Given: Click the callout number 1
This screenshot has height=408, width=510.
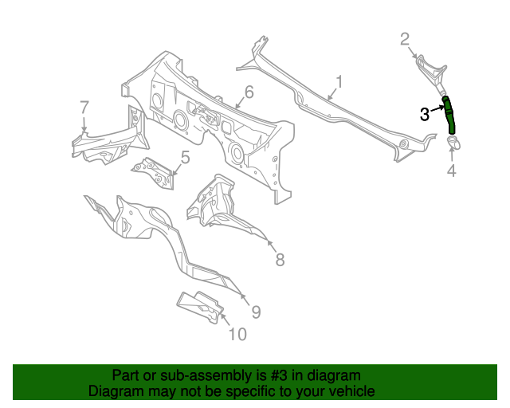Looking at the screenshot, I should click(339, 81).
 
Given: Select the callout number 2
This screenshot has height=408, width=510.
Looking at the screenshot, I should click(405, 38).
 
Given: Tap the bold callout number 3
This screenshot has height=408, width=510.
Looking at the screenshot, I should click(426, 114).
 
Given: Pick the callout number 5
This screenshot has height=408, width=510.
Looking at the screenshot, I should click(184, 157).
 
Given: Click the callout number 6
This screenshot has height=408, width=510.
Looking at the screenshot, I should click(249, 92).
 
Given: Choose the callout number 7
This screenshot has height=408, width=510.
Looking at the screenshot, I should click(84, 108).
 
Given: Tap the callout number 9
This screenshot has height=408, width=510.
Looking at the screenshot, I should click(256, 311).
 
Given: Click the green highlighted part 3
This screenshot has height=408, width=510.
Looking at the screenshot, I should click(450, 114).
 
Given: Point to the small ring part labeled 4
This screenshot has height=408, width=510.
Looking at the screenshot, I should click(456, 143).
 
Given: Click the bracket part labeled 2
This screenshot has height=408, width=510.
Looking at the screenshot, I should click(430, 70).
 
